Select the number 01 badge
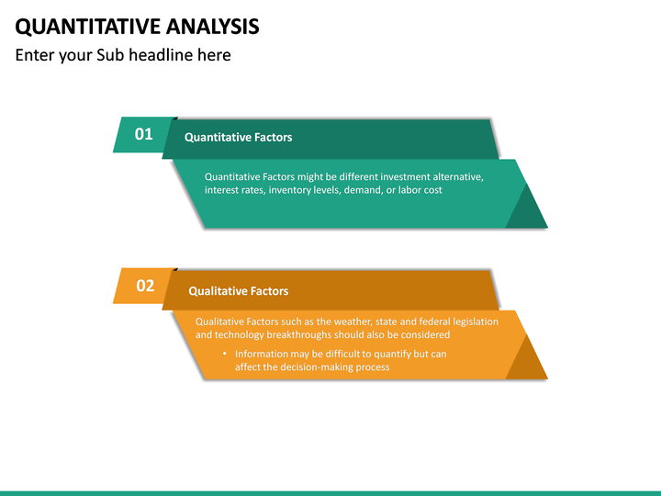144,134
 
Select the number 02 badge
145,286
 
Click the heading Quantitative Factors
238,138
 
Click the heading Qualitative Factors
238,291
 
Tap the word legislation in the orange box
472,321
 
